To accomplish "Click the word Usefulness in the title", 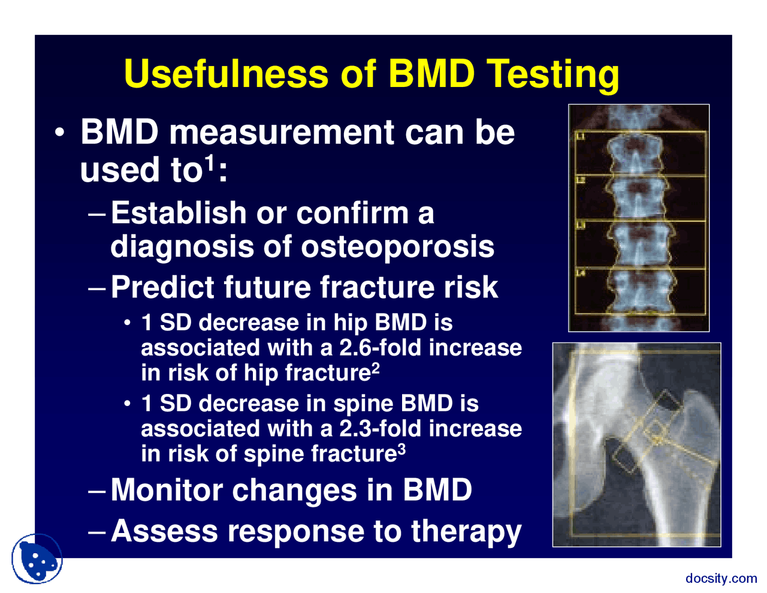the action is (x=227, y=74).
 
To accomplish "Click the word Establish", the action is (x=179, y=213).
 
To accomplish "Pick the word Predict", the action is (x=163, y=287).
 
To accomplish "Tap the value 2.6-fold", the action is (x=380, y=348).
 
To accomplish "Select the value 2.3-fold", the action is (x=380, y=429).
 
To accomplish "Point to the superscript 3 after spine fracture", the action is (x=401, y=450).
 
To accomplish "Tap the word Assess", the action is (x=164, y=531).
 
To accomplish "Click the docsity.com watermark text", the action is (x=721, y=578).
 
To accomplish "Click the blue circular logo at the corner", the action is (x=37, y=559).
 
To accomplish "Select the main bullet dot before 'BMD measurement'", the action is (x=60, y=133).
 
